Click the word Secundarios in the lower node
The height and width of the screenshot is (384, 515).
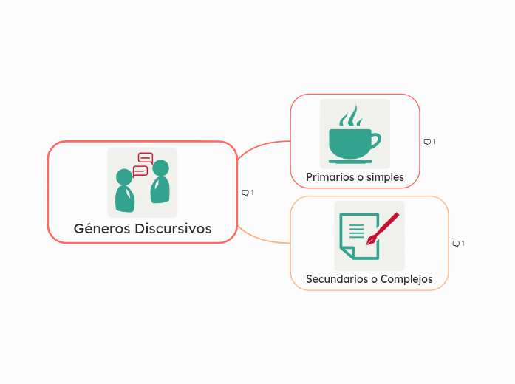[337, 279]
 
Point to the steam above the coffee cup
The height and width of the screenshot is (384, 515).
[350, 116]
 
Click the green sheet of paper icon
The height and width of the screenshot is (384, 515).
[357, 236]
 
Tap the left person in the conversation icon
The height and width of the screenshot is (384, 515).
[124, 192]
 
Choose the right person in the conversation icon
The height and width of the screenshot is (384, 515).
[160, 183]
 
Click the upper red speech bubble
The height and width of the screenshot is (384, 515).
[146, 157]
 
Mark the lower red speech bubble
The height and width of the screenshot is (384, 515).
[140, 171]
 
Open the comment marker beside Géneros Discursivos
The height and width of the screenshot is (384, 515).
[248, 193]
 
